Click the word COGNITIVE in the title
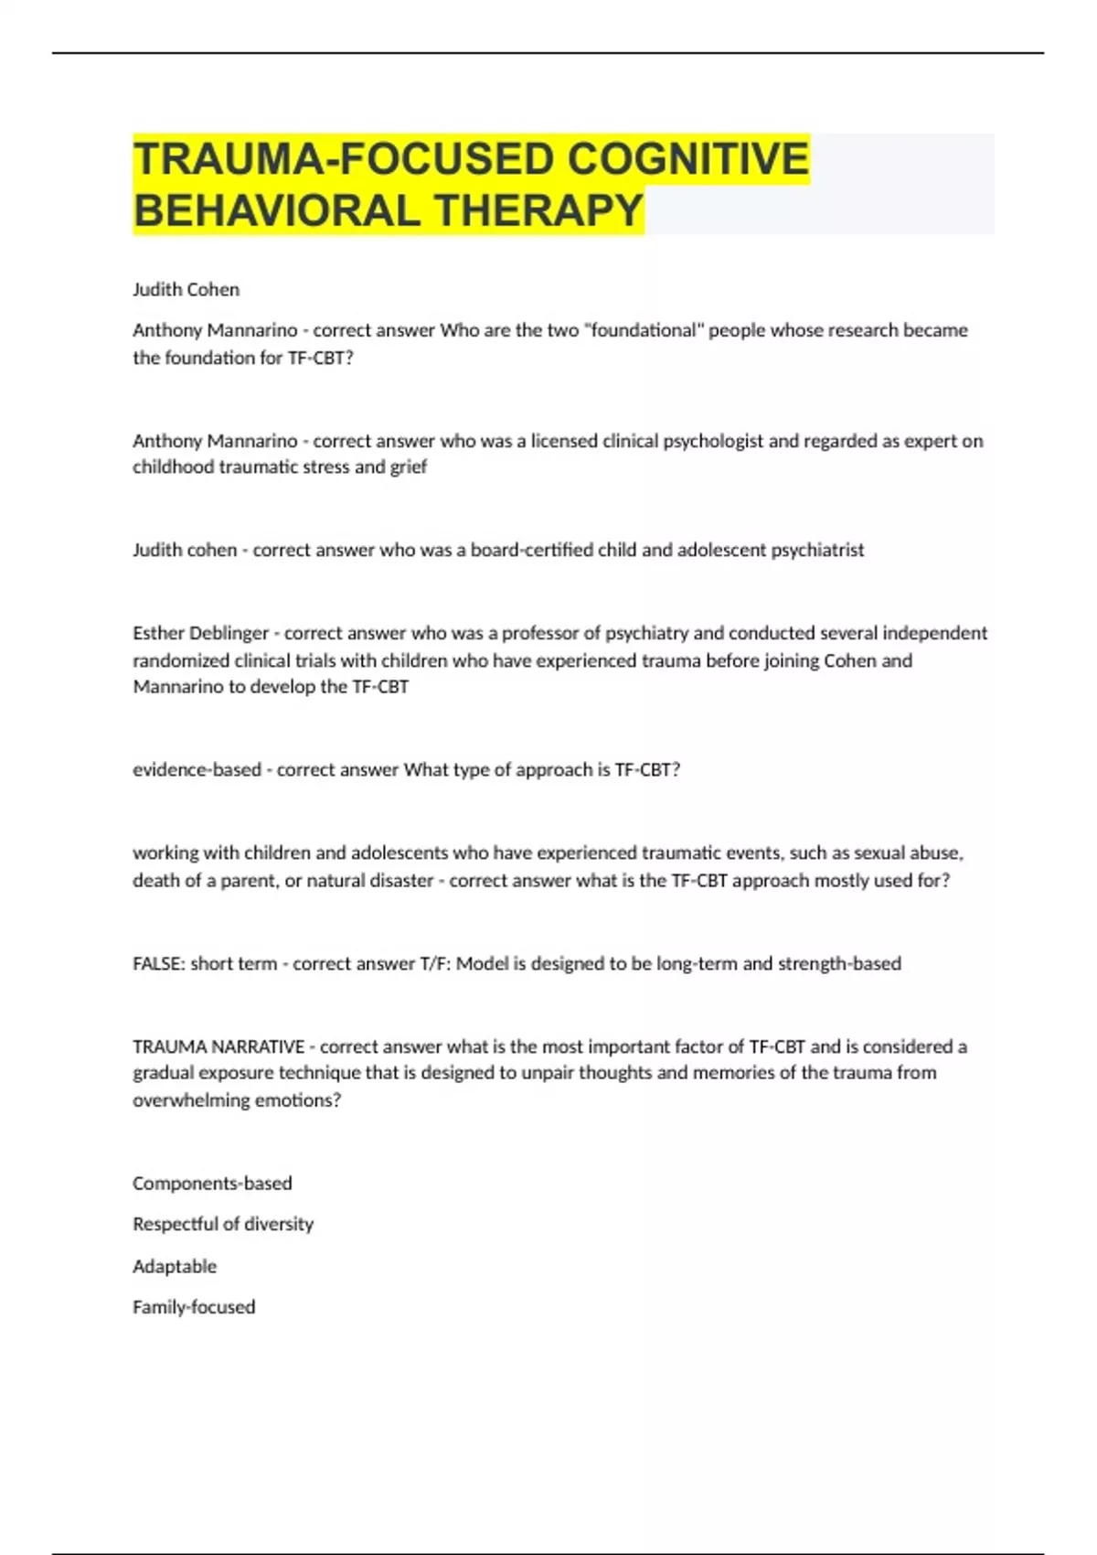[x=687, y=159]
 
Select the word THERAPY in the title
[x=538, y=211]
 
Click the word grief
[x=408, y=467]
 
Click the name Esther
[x=161, y=633]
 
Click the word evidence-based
[x=197, y=770]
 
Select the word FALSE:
[x=158, y=963]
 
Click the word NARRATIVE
[x=261, y=1046]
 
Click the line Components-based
[x=212, y=1184]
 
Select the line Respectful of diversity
[x=222, y=1224]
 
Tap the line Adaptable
[x=174, y=1266]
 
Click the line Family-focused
[x=193, y=1307]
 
